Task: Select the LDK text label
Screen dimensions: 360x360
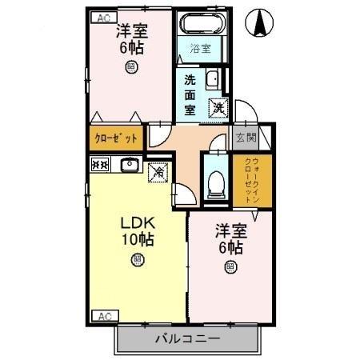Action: [137, 222]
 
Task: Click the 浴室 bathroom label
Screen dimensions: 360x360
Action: [200, 49]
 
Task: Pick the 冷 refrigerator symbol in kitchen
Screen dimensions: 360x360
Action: [159, 170]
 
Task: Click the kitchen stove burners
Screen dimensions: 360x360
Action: [100, 165]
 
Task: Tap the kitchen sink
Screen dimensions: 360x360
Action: [130, 166]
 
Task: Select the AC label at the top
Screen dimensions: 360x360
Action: [102, 17]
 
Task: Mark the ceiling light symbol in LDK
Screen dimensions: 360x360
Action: [138, 259]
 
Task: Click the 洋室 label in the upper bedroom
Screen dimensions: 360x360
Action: [130, 32]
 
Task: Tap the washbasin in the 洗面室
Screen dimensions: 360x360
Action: [212, 78]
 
